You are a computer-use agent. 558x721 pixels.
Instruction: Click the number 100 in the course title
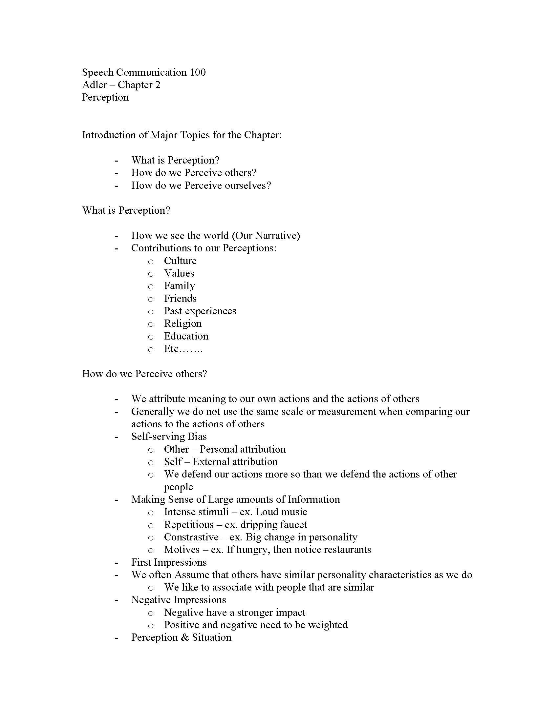[197, 72]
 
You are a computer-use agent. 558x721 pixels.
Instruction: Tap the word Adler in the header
[95, 85]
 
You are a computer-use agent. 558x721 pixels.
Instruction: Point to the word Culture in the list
[180, 261]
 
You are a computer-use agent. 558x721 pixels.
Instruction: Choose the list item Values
[179, 273]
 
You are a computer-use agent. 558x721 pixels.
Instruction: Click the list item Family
[180, 286]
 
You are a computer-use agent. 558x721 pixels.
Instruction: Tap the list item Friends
[180, 299]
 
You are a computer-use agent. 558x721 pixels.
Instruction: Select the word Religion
[183, 323]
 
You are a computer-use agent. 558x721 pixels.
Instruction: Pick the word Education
[186, 336]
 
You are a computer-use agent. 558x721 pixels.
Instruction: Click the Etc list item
[183, 349]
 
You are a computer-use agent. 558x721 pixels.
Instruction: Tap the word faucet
[292, 525]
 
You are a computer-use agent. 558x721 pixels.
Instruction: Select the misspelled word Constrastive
[191, 537]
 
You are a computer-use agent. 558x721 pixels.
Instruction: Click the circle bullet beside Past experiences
[151, 312]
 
